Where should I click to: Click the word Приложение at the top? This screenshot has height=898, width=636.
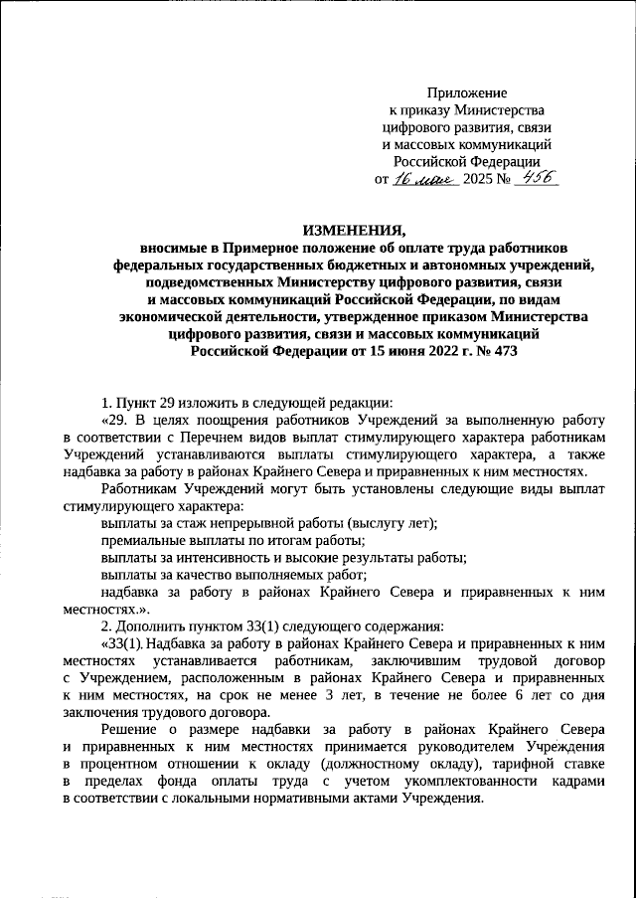[466, 91]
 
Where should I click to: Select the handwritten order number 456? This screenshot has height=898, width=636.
[531, 178]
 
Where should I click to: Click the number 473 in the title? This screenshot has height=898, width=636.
[502, 350]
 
